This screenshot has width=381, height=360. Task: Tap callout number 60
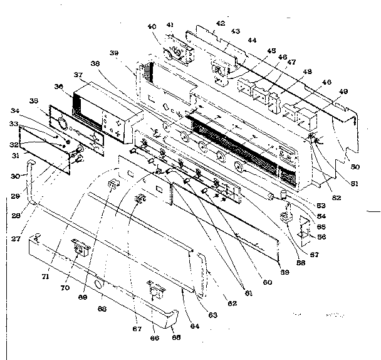tap(268, 282)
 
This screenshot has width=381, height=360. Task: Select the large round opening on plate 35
tap(61, 123)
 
